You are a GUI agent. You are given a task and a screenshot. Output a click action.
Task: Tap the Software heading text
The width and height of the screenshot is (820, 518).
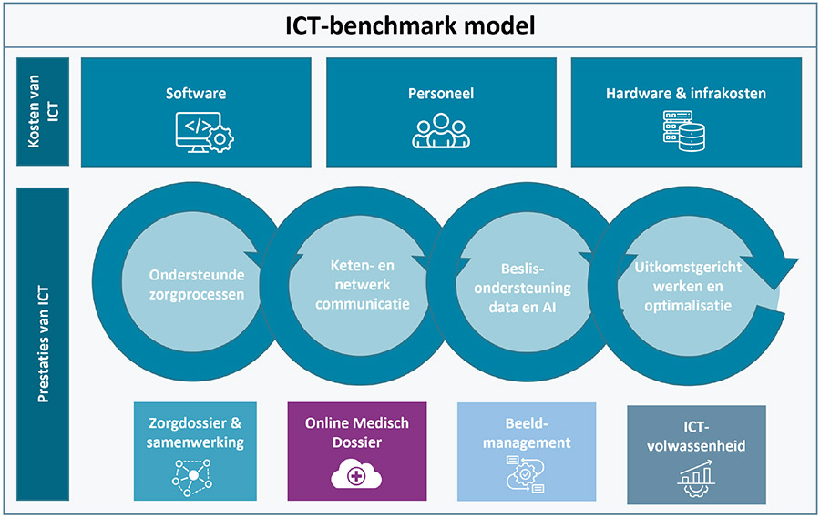tap(196, 93)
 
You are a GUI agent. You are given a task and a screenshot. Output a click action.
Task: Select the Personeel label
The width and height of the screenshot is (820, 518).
tap(440, 93)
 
